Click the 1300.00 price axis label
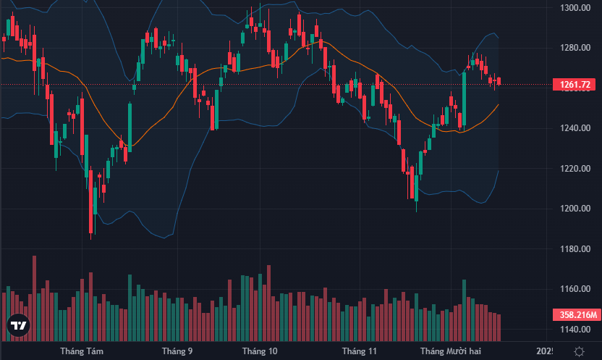pyautogui.click(x=577, y=8)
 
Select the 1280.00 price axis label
pyautogui.click(x=577, y=48)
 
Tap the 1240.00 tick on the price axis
pyautogui.click(x=577, y=128)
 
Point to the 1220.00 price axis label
pyautogui.click(x=577, y=169)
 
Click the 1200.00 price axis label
pyautogui.click(x=577, y=209)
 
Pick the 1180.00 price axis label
pyautogui.click(x=577, y=249)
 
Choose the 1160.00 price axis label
pyautogui.click(x=577, y=289)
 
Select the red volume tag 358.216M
pyautogui.click(x=578, y=315)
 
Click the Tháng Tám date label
pyautogui.click(x=82, y=351)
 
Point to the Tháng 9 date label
pyautogui.click(x=177, y=351)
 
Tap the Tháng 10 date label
pyautogui.click(x=260, y=351)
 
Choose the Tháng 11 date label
pyautogui.click(x=360, y=351)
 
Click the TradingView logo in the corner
pyautogui.click(x=19, y=327)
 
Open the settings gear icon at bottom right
pyautogui.click(x=579, y=351)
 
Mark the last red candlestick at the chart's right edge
pyautogui.click(x=499, y=80)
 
